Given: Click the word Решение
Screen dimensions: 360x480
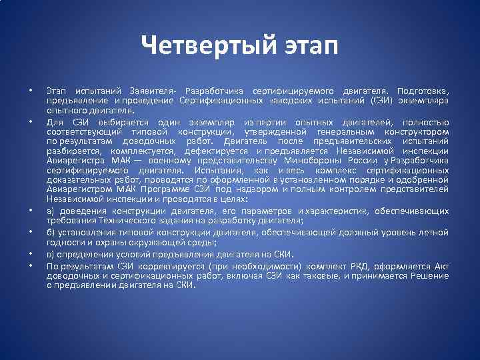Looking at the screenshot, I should point(429,275).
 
